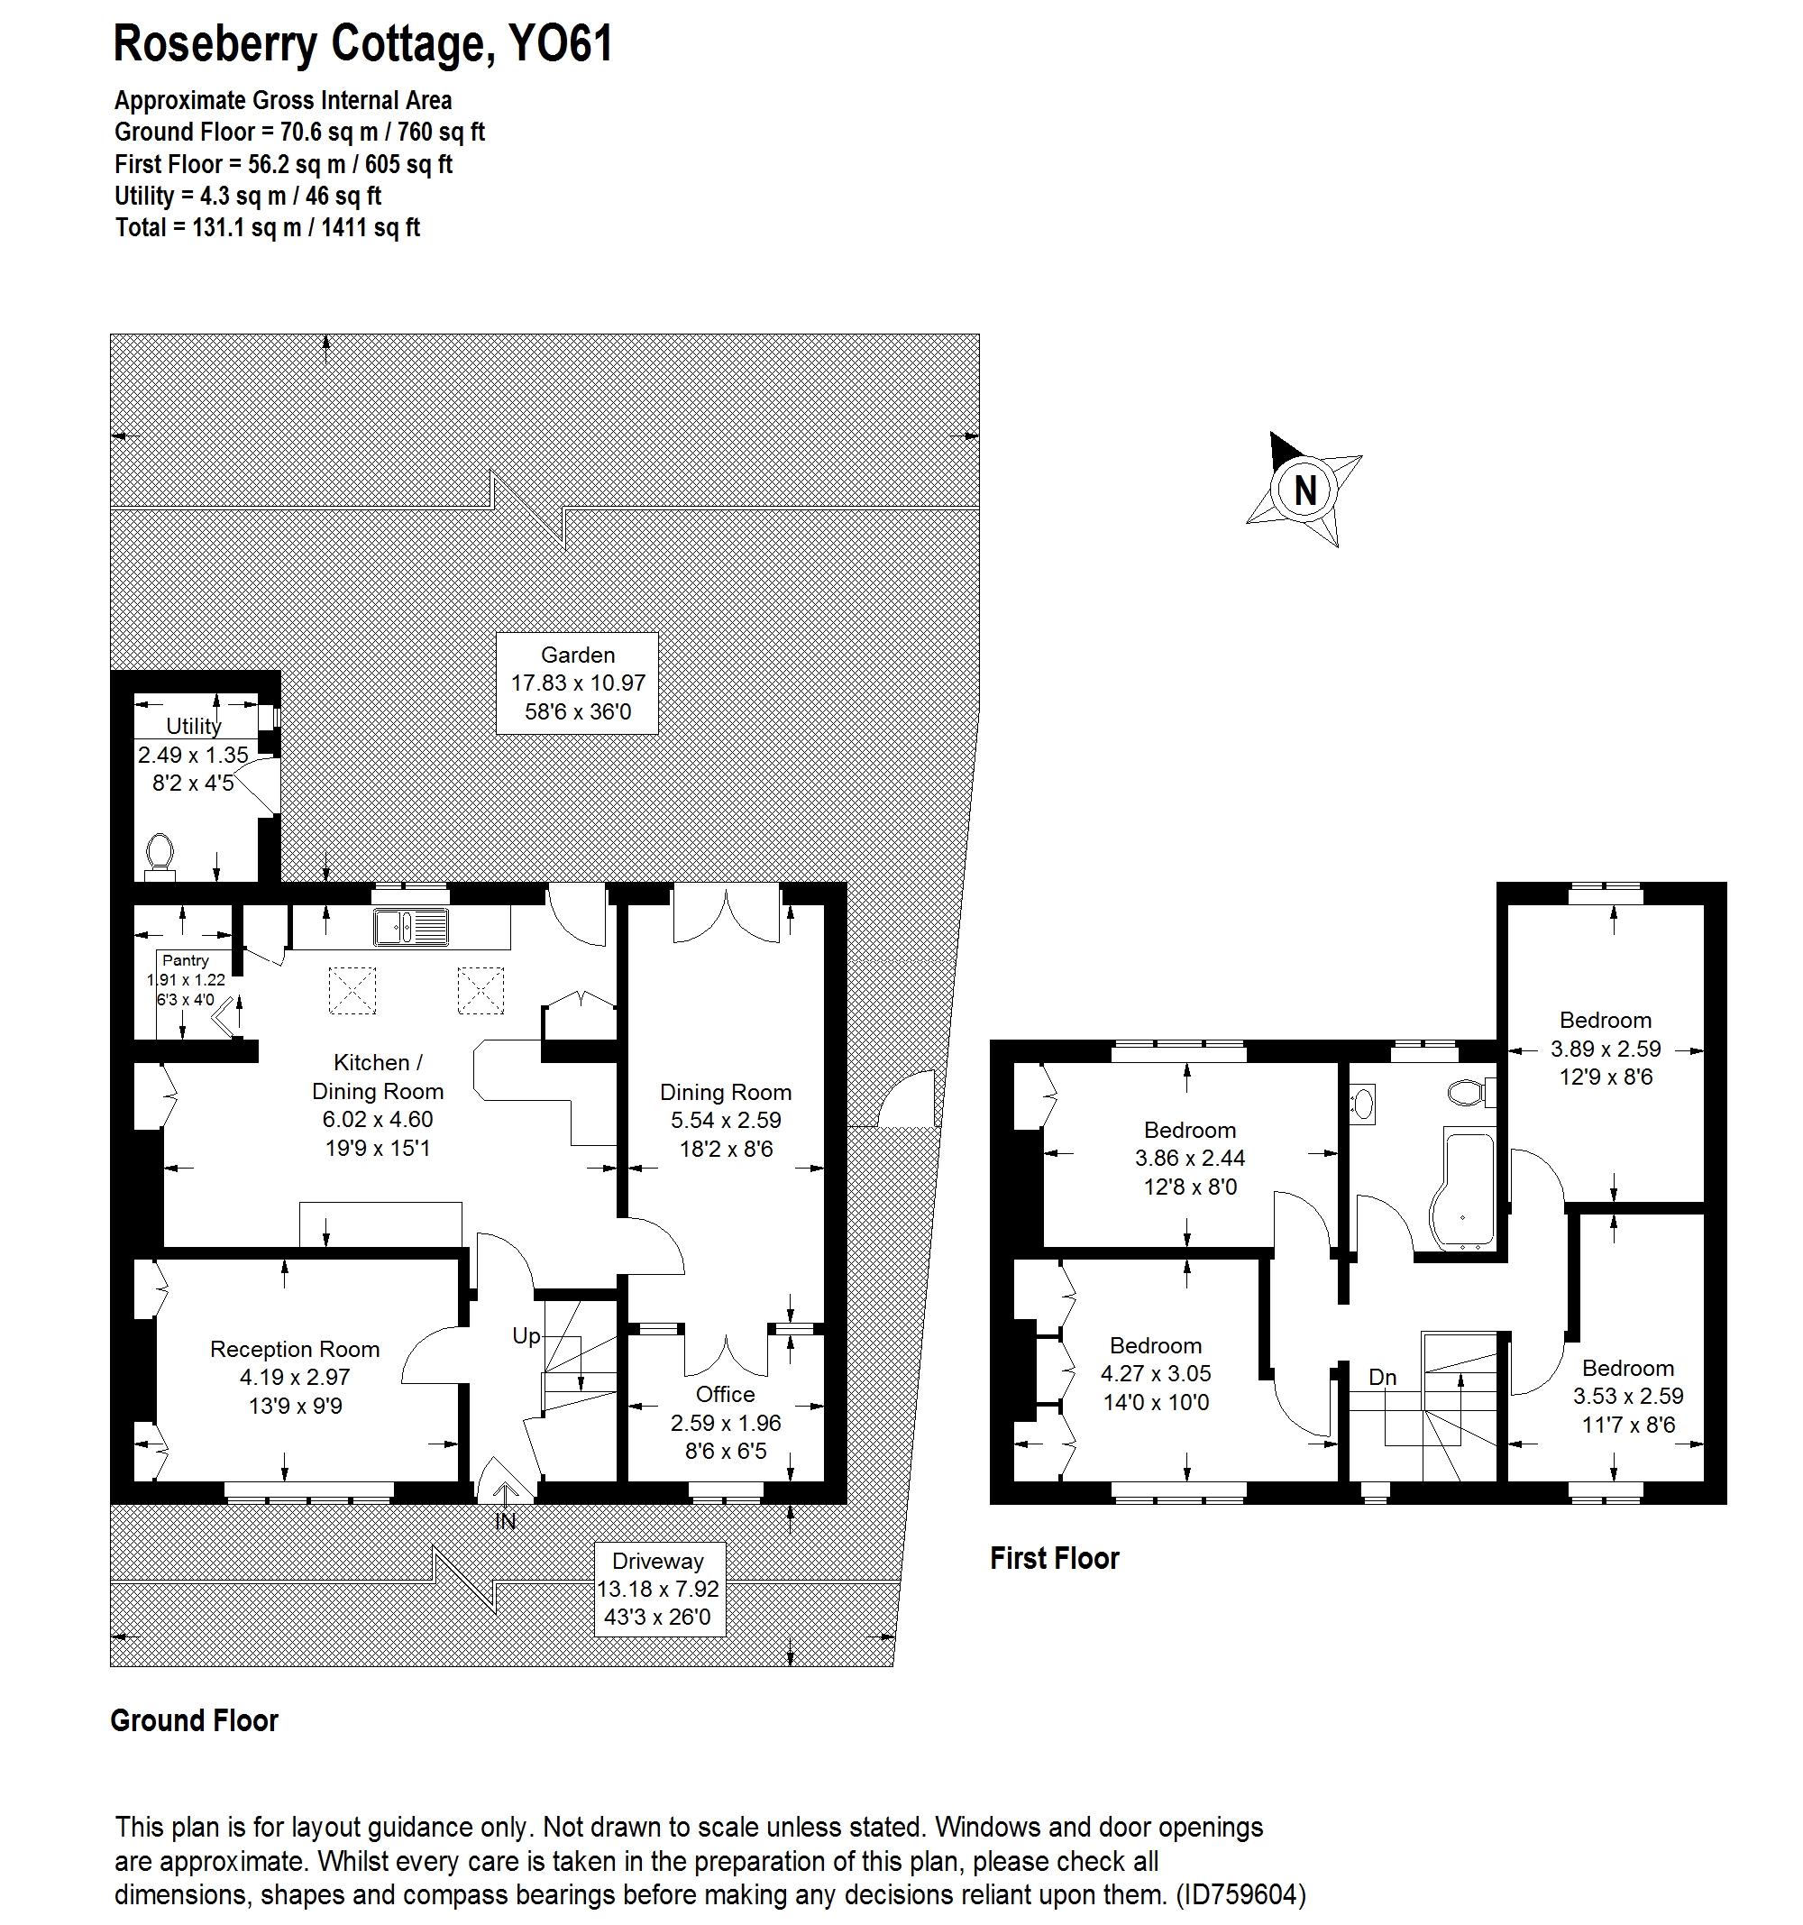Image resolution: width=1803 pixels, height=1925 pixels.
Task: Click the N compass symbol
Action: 1304,490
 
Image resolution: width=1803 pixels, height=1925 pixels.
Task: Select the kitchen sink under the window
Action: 410,927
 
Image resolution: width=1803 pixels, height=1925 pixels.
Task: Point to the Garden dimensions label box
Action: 577,683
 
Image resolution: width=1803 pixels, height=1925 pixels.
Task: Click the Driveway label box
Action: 657,1588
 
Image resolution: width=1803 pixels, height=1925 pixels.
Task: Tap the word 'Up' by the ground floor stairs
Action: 526,1336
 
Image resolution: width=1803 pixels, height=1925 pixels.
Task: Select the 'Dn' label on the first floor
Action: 1382,1376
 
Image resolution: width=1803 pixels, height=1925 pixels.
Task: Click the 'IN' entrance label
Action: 505,1521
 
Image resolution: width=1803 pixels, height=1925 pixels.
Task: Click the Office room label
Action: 726,1394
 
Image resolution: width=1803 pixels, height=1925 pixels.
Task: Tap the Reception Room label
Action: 295,1350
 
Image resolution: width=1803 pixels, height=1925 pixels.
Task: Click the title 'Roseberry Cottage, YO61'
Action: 363,44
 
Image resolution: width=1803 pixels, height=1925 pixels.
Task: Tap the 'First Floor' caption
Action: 1054,1558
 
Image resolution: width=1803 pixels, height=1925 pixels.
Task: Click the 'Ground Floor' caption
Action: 194,1719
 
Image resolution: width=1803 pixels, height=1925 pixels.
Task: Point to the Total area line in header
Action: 267,227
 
